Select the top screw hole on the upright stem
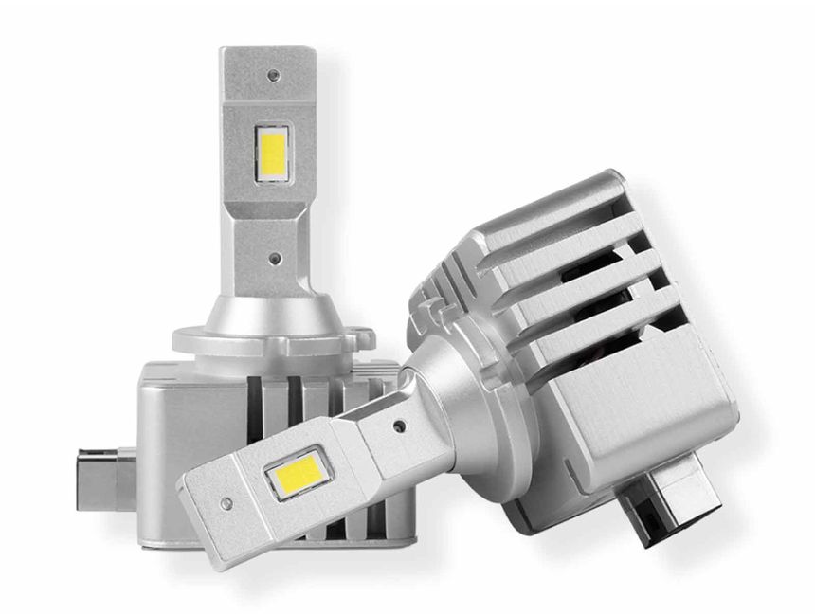tap(273, 74)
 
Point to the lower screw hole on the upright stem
tap(273, 256)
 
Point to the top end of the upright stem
tap(267, 52)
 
